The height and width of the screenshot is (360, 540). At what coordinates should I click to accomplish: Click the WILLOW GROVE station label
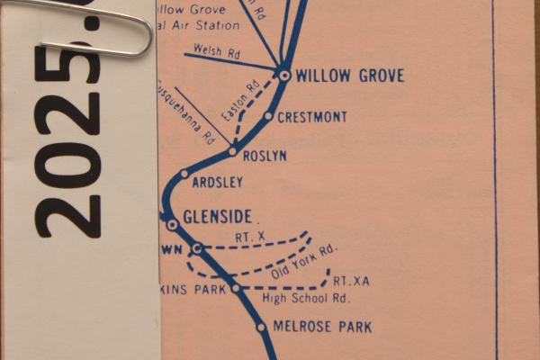click(x=349, y=76)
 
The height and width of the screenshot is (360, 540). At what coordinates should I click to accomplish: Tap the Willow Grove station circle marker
click(x=284, y=76)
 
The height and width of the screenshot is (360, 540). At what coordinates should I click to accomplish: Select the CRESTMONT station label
click(x=312, y=117)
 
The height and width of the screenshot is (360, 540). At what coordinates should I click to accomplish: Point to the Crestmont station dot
click(x=268, y=116)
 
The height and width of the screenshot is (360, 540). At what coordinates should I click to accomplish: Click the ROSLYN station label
click(x=264, y=155)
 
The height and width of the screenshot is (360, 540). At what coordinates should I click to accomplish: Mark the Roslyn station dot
click(x=232, y=152)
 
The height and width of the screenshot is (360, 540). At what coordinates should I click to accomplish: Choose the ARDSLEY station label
click(x=218, y=183)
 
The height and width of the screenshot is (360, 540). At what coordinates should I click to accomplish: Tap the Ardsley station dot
click(x=184, y=174)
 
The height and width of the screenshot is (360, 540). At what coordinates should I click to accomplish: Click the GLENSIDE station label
click(x=217, y=217)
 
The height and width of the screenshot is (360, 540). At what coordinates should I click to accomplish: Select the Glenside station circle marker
click(x=172, y=224)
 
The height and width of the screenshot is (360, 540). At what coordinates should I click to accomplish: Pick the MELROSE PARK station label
click(x=322, y=327)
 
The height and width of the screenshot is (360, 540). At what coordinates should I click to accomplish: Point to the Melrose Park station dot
click(x=262, y=328)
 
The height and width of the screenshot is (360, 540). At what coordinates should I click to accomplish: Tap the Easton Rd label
click(x=239, y=101)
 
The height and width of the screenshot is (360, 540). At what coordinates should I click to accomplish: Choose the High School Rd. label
click(x=305, y=298)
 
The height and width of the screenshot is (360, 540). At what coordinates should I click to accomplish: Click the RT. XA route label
click(x=351, y=281)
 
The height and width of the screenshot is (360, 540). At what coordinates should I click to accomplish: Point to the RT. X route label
click(x=248, y=236)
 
